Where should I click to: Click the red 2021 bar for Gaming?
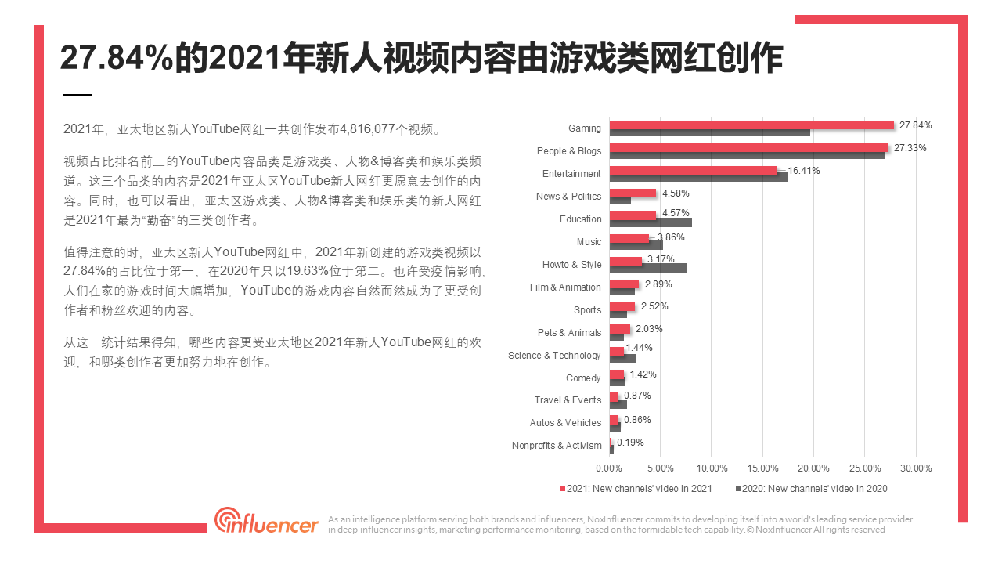coord(751,125)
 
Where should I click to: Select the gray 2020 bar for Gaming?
coord(709,132)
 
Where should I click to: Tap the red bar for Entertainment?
coord(694,170)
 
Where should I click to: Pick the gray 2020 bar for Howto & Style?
coord(647,268)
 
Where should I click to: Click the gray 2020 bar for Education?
coord(650,222)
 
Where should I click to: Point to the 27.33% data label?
coord(910,147)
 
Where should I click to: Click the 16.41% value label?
coord(804,170)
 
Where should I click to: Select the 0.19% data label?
coord(630,442)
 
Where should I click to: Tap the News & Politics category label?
coord(568,197)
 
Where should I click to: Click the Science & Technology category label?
coord(554,356)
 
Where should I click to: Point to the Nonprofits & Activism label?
coord(557,446)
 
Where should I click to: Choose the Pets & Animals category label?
coord(569,333)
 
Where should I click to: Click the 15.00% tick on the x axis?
coord(763,468)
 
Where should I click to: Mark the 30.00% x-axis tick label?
coord(916,468)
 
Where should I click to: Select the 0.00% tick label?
coord(610,468)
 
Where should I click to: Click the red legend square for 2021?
coord(563,489)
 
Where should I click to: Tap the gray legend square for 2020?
coord(738,489)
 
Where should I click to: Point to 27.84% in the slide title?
coord(116,58)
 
